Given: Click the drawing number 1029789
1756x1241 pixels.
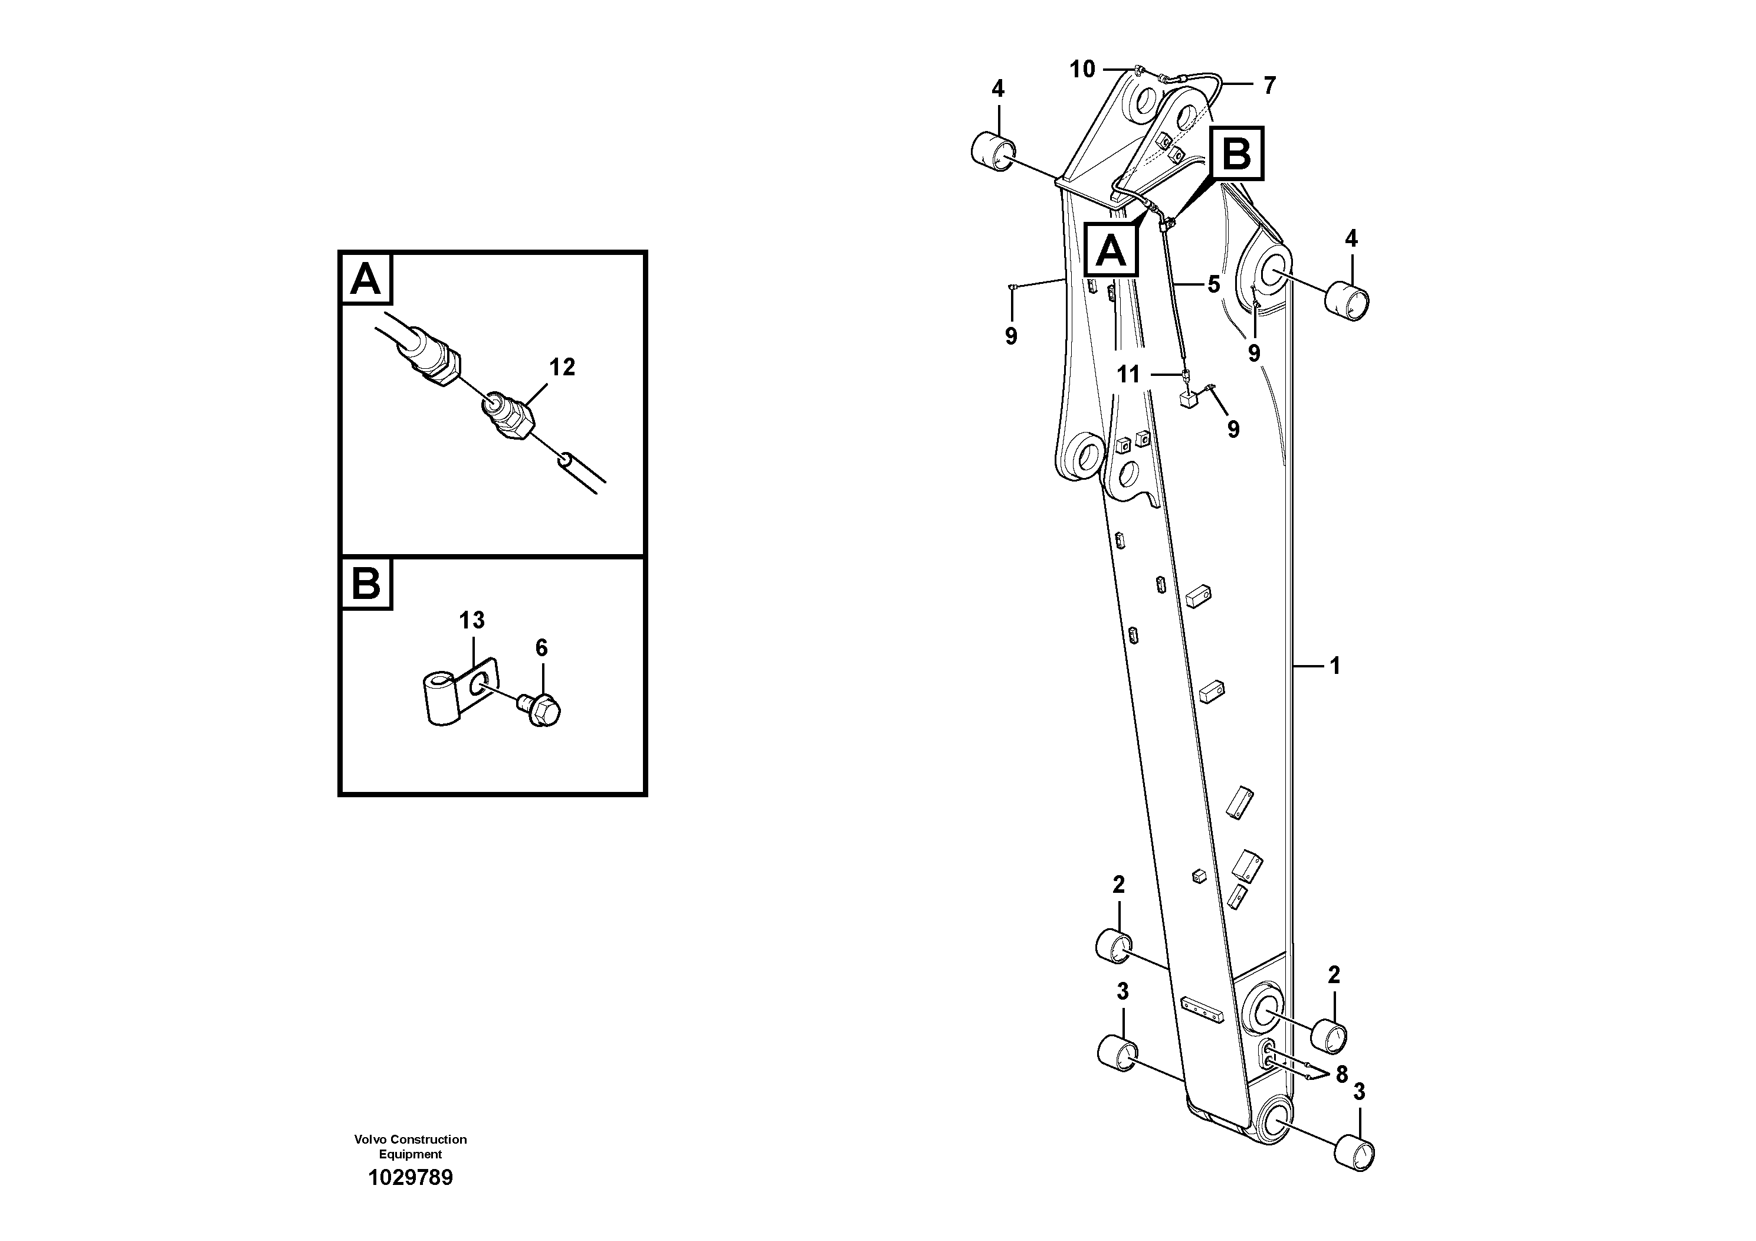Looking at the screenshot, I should (x=411, y=1177).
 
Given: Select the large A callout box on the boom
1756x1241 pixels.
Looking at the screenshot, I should (x=1111, y=250).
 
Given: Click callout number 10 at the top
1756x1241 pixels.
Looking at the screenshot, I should (x=1082, y=70).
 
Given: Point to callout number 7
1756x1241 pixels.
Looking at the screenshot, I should (x=1269, y=86).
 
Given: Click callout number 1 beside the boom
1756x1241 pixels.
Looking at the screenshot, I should (x=1335, y=666).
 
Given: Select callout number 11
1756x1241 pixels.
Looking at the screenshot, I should (x=1128, y=374).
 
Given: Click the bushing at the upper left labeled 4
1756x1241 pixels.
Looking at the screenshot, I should (x=993, y=149).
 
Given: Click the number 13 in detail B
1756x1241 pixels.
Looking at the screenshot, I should (x=472, y=620).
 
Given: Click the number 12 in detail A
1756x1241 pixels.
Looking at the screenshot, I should (x=562, y=367).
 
